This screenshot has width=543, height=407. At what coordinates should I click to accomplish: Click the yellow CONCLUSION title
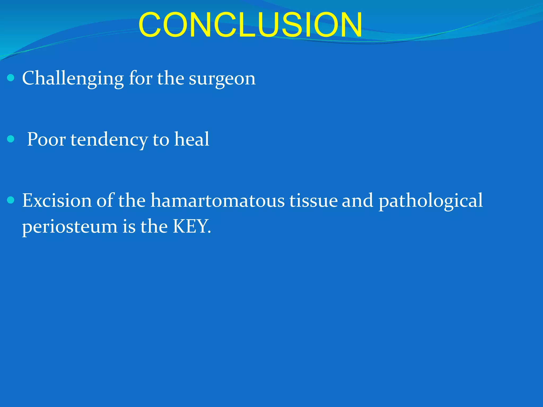[250, 25]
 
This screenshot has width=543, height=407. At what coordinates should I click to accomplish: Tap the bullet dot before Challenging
[11, 78]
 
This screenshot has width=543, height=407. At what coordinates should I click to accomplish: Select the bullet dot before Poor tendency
[11, 139]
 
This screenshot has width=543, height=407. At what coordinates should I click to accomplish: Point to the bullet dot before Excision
[11, 200]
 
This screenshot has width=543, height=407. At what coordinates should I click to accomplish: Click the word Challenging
[73, 79]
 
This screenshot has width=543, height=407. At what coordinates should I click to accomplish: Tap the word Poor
[46, 139]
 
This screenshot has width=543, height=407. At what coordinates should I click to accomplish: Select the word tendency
[109, 140]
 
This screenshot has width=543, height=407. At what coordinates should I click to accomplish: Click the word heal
[191, 139]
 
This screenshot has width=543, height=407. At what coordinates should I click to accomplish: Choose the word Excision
[57, 201]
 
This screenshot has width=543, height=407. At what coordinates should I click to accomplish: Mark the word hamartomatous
[217, 201]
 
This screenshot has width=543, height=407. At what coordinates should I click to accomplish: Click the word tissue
[313, 201]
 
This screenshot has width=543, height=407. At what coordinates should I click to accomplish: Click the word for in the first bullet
[141, 79]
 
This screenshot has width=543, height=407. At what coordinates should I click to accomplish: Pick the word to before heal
[161, 140]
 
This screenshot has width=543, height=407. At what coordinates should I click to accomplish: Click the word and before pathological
[357, 201]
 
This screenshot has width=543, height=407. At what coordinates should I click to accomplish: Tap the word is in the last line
[129, 227]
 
